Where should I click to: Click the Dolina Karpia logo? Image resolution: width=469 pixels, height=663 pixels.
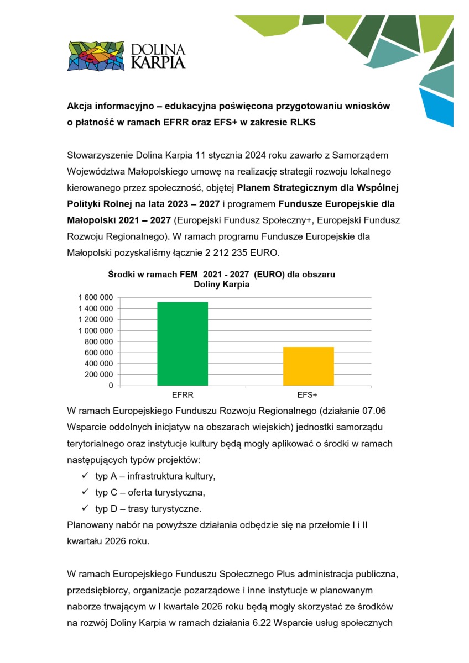pos(126,56)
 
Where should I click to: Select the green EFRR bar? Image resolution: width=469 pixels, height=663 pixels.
pos(182,344)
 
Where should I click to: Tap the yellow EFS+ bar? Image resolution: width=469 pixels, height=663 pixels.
pos(308,366)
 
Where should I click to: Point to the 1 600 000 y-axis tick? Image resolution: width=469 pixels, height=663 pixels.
pos(92,297)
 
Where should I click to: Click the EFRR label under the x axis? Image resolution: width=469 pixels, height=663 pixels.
pos(182,396)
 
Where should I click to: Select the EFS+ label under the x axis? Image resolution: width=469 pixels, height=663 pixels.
pos(308,396)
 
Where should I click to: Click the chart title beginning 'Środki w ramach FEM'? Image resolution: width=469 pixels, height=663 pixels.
pos(221,275)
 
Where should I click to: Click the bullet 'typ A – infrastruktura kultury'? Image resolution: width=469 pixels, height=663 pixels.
pos(155,476)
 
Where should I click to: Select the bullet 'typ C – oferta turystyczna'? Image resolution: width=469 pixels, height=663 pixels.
pos(153,492)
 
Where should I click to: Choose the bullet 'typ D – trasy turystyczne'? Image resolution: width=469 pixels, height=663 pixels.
pos(148,508)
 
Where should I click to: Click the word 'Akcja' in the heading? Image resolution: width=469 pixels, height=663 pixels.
pos(80,106)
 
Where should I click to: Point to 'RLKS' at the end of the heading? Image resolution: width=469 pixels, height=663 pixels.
pos(303,122)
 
